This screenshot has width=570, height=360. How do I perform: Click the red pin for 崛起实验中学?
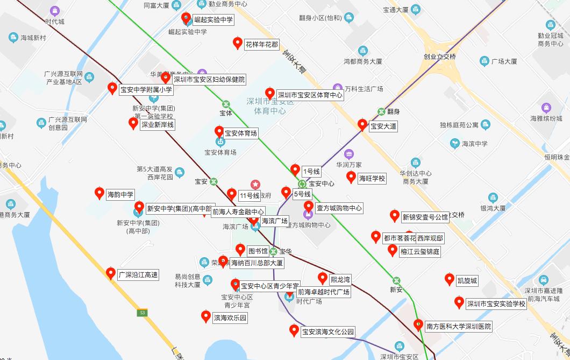(186, 18)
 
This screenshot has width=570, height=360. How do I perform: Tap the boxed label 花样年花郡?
(262, 44)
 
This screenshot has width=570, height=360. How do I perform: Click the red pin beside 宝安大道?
(362, 124)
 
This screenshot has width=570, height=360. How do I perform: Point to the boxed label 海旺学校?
(372, 179)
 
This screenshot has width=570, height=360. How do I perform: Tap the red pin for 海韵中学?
(99, 193)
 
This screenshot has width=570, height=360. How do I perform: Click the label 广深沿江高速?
(138, 275)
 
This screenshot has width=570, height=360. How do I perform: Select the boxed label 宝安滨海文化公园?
(328, 332)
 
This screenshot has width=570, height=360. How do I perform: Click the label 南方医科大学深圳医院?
(458, 326)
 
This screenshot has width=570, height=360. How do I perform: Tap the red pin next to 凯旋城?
(450, 279)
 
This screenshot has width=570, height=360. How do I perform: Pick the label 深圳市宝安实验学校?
(495, 303)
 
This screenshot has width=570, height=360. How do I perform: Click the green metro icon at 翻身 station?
(381, 111)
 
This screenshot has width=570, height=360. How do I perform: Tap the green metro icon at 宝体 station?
(226, 104)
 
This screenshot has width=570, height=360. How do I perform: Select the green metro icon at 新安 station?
(396, 280)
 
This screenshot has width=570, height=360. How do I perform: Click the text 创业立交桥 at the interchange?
(439, 57)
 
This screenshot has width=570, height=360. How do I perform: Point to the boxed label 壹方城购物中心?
(339, 208)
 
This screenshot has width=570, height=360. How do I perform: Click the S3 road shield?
(142, 312)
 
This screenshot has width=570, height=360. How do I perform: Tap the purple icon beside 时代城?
(54, 11)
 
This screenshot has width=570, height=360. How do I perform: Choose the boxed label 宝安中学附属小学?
(146, 90)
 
